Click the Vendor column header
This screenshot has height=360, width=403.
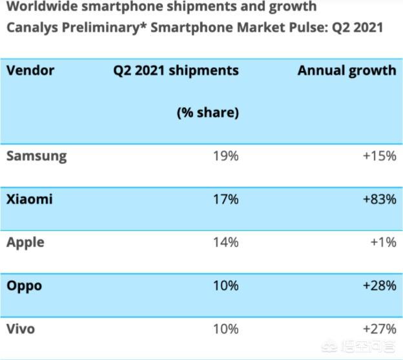pyautogui.click(x=30, y=70)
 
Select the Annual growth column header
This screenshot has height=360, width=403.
pyautogui.click(x=347, y=70)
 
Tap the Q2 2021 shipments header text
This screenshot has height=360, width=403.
pyautogui.click(x=176, y=70)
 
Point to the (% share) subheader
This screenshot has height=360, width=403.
pyautogui.click(x=208, y=112)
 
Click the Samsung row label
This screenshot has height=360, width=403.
pyautogui.click(x=36, y=156)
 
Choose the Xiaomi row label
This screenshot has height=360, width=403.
pyautogui.click(x=29, y=199)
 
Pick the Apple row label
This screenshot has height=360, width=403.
pyautogui.click(x=25, y=243)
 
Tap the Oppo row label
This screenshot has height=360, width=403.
pyautogui.click(x=24, y=285)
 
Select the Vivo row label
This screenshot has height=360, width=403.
pyautogui.click(x=21, y=329)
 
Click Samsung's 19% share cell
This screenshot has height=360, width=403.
pyautogui.click(x=225, y=156)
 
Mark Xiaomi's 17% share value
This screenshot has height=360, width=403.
pyautogui.click(x=225, y=199)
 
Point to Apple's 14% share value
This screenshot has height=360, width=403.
pyautogui.click(x=225, y=243)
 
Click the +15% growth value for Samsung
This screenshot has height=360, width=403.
pyautogui.click(x=378, y=156)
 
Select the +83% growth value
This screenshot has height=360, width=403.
pyautogui.click(x=378, y=199)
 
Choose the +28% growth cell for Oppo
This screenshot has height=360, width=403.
pyautogui.click(x=378, y=285)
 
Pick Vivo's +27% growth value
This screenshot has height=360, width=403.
pyautogui.click(x=378, y=329)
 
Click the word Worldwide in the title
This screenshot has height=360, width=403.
pyautogui.click(x=40, y=7)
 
